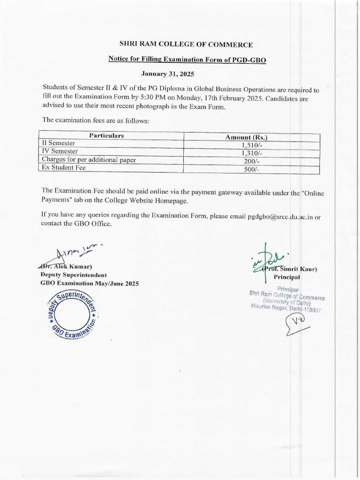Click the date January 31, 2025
pyautogui.click(x=167, y=74)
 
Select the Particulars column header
pyautogui.click(x=106, y=135)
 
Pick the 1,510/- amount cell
pyautogui.click(x=249, y=145)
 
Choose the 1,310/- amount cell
pyautogui.click(x=249, y=153)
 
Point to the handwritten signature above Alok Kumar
pyautogui.click(x=70, y=256)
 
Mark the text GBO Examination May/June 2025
pyautogui.click(x=90, y=284)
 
